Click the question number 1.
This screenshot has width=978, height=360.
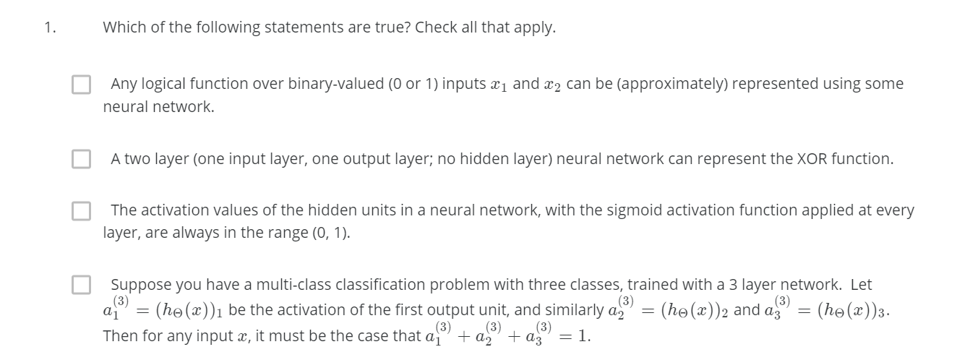(48, 28)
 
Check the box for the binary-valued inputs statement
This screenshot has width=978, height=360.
(82, 85)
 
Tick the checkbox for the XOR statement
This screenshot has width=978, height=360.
(82, 159)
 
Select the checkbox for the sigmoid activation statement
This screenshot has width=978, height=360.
(82, 211)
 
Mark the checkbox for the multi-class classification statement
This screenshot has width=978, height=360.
(82, 285)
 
